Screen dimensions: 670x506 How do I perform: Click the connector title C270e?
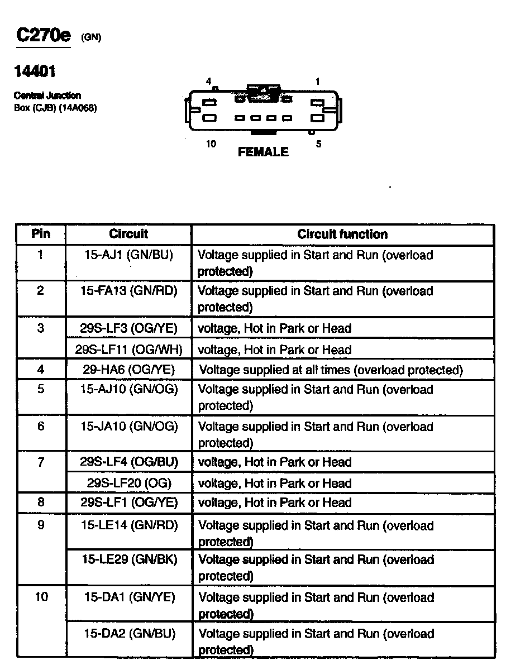[x=44, y=36]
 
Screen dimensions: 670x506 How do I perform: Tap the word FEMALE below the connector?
[x=263, y=152]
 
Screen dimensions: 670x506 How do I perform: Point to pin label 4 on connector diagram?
[x=208, y=82]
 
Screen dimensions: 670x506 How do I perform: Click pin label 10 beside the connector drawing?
[x=211, y=144]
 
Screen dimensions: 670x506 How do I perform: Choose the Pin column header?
[x=41, y=234]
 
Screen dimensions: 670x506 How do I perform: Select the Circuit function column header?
[x=342, y=234]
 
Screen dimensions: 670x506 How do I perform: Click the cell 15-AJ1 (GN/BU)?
[x=128, y=255]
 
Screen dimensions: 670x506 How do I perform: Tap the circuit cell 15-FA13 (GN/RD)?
[x=128, y=291]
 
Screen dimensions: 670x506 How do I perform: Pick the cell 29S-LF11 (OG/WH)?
[x=128, y=350]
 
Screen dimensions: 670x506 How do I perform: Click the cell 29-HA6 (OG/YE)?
[x=128, y=370]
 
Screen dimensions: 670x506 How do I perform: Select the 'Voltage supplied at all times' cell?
[x=331, y=370]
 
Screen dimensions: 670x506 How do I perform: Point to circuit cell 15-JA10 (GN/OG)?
[x=128, y=427]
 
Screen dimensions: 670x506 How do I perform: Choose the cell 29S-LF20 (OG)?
[x=128, y=483]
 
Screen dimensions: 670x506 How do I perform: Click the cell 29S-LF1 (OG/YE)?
[x=128, y=502]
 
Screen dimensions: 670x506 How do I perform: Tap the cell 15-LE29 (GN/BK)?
[x=128, y=559]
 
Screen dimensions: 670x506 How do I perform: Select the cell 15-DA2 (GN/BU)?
[x=128, y=634]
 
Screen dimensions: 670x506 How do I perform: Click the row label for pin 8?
[x=41, y=502]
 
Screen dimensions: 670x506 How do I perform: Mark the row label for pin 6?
[x=41, y=427]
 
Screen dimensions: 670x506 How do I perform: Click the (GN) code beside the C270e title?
[x=91, y=38]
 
